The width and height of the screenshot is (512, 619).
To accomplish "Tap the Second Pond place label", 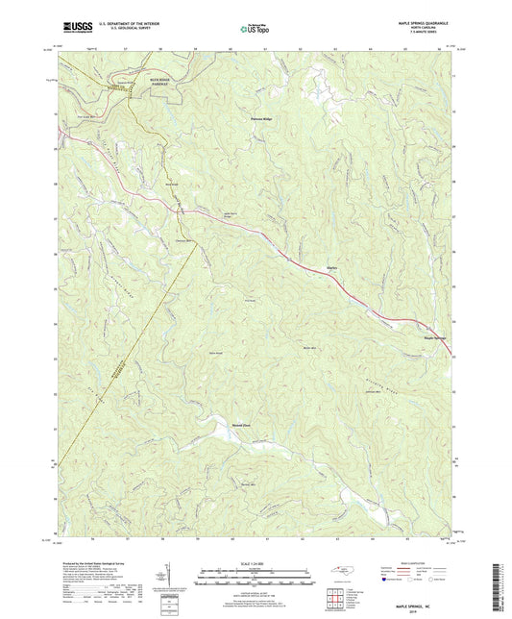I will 214,422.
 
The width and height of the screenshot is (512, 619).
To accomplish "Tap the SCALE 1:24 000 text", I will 255,563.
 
